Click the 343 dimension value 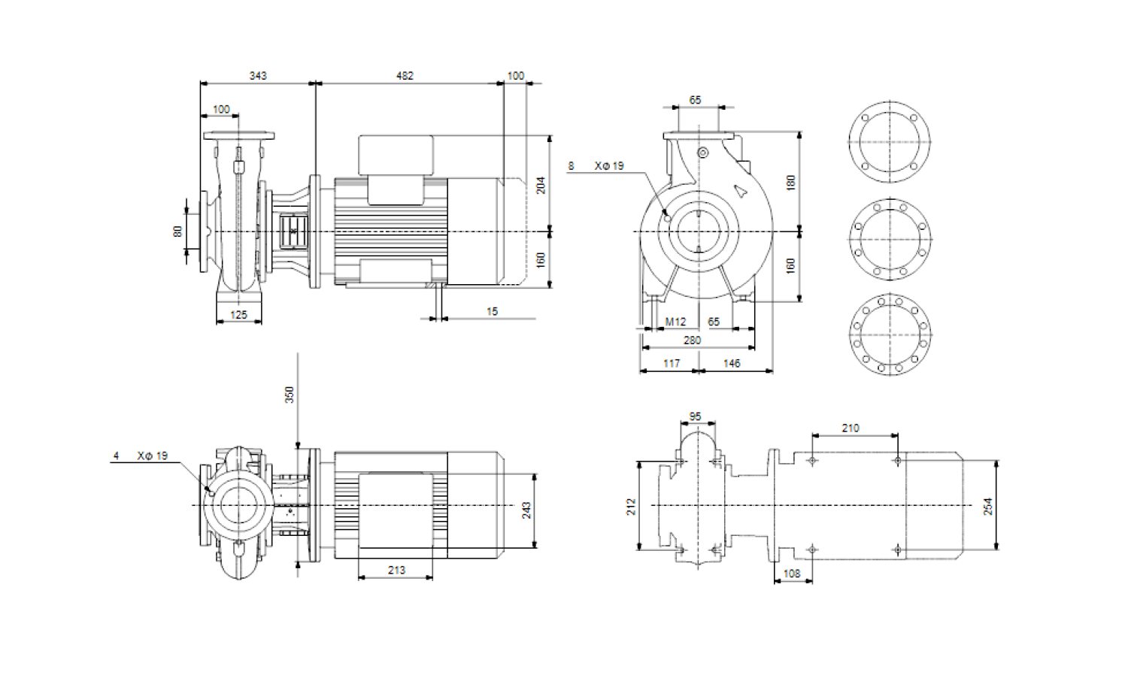(258, 76)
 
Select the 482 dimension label (405, 76)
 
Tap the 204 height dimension (541, 185)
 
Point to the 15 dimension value (492, 311)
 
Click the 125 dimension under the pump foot (238, 315)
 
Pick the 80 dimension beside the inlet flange (177, 232)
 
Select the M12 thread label (675, 322)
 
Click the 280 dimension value (692, 340)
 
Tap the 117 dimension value (672, 364)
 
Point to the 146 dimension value (731, 364)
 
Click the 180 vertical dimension (790, 183)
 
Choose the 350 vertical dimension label (290, 395)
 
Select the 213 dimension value (396, 570)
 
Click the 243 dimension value (526, 510)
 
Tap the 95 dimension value (695, 416)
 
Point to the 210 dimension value (850, 428)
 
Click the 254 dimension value (988, 506)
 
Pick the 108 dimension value (792, 573)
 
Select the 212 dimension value (631, 506)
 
